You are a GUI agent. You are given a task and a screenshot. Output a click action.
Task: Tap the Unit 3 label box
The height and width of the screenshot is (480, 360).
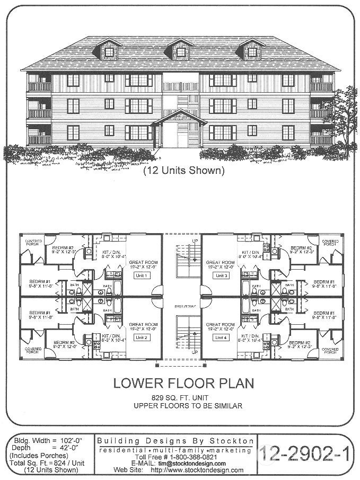222,276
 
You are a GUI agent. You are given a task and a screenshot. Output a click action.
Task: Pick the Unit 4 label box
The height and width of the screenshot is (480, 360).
222,337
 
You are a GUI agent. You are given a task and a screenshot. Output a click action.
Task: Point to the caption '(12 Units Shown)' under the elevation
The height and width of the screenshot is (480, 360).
183,171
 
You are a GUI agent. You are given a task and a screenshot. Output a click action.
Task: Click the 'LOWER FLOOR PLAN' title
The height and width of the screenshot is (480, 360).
183,383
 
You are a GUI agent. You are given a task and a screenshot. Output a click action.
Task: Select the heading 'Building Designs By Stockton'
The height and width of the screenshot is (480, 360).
176,441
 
